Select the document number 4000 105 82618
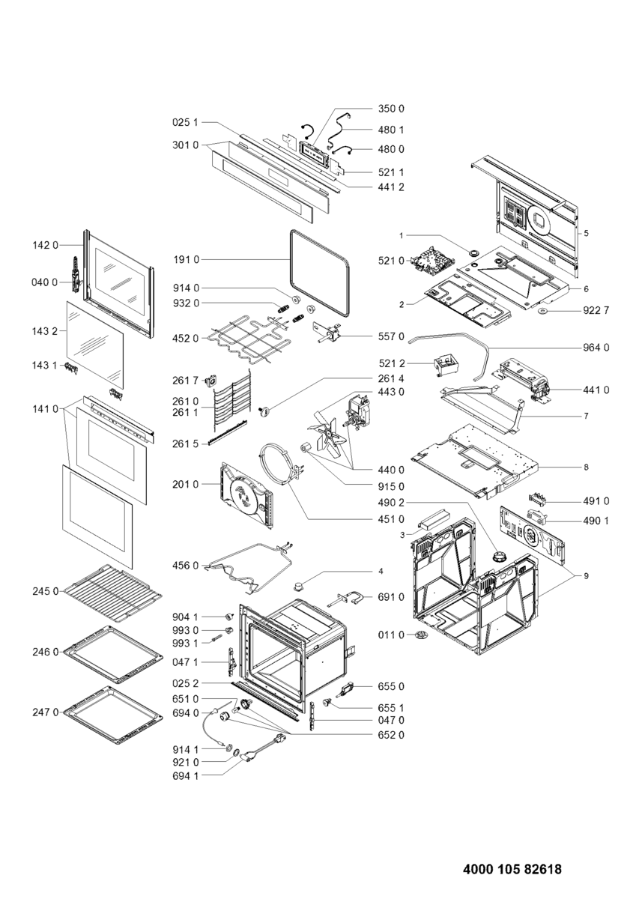coord(512,870)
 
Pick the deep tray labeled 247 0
coord(113,711)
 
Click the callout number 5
coord(586,233)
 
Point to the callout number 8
coord(586,467)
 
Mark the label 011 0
coord(392,635)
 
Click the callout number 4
coord(381,572)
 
